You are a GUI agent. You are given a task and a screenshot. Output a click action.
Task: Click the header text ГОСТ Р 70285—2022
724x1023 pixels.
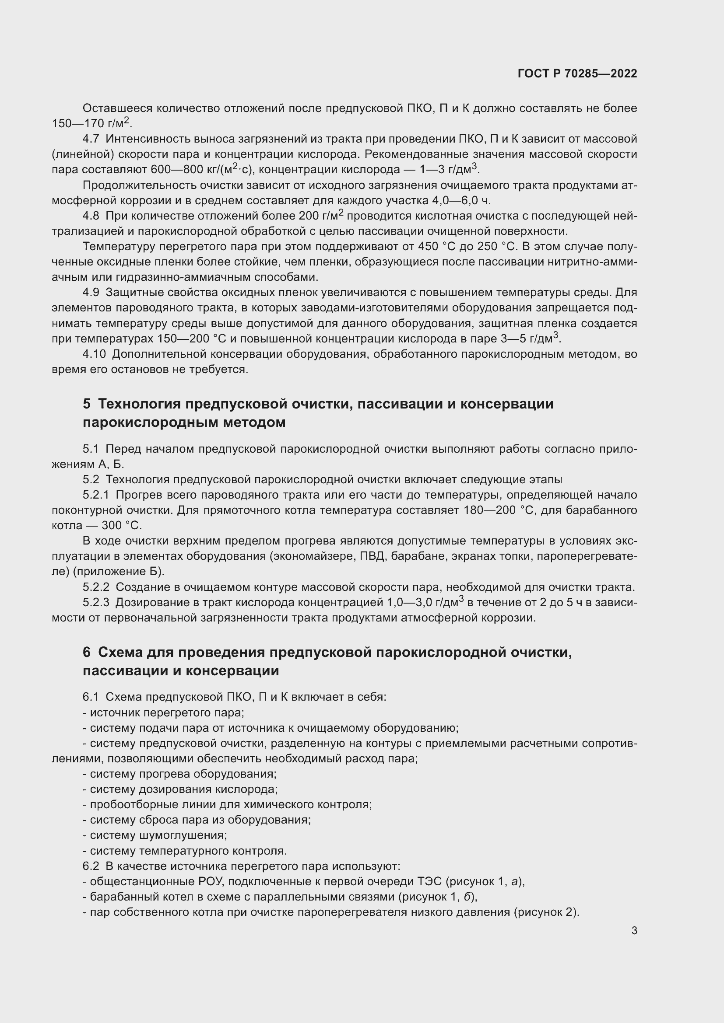(x=577, y=73)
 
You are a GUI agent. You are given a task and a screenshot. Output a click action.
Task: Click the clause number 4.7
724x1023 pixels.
(x=91, y=139)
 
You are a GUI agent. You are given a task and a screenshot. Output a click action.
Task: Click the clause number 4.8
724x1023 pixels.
(x=91, y=216)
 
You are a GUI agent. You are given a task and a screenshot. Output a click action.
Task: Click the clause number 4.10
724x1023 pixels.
(x=94, y=354)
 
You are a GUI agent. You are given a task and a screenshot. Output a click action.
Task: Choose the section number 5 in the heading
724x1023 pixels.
(x=87, y=404)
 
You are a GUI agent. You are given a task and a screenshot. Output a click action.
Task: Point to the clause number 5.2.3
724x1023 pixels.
(x=96, y=602)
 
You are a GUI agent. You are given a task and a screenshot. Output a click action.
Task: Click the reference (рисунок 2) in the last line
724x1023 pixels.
(x=547, y=912)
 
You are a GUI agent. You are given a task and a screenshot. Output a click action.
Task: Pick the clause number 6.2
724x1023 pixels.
(x=91, y=866)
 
